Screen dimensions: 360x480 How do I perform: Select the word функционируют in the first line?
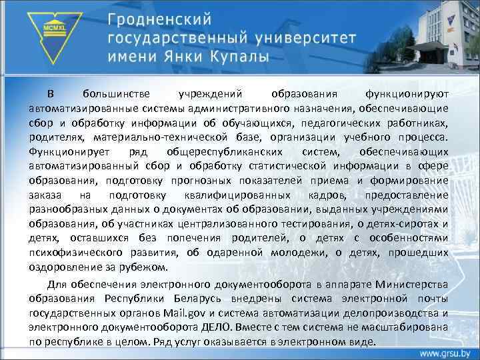tap(407, 94)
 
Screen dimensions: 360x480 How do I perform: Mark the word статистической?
tap(293, 167)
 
